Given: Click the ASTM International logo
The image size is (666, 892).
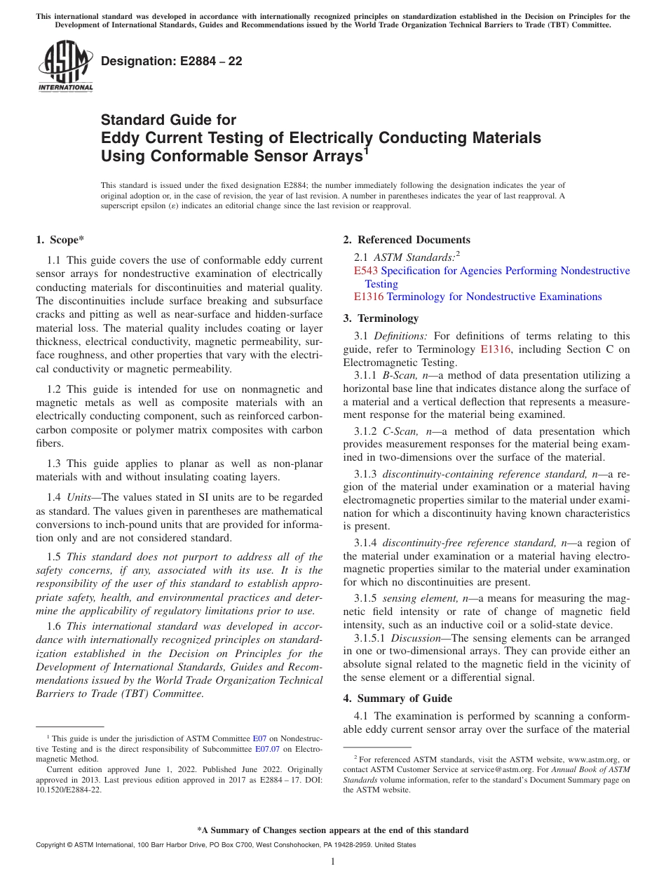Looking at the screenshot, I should (64, 66).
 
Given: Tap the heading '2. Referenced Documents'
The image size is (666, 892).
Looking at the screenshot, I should (407, 240).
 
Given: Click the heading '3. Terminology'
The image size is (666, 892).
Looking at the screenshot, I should (381, 318).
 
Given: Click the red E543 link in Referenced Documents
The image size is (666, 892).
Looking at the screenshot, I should (366, 271).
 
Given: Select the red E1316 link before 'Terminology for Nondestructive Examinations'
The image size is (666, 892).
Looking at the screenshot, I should (369, 297).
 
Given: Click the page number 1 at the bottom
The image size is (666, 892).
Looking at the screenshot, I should (333, 862).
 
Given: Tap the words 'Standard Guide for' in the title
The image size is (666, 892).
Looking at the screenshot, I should (168, 120).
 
